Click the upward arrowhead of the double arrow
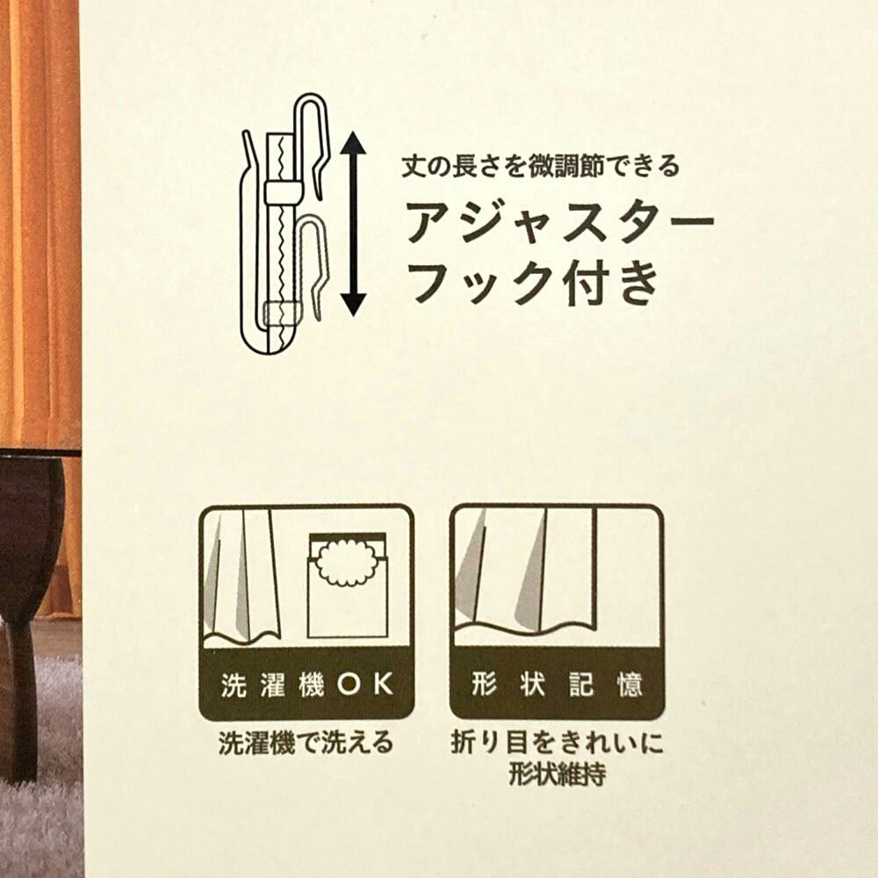pyautogui.click(x=353, y=143)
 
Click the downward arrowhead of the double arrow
pyautogui.click(x=353, y=304)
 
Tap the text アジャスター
pyautogui.click(x=560, y=222)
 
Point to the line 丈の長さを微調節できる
pyautogui.click(x=541, y=166)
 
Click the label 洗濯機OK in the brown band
pyautogui.click(x=306, y=684)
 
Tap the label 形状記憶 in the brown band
pyautogui.click(x=557, y=684)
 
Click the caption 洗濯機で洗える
pyautogui.click(x=306, y=743)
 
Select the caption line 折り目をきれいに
pyautogui.click(x=558, y=743)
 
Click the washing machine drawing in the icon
pyautogui.click(x=348, y=585)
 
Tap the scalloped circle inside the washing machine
pyautogui.click(x=348, y=562)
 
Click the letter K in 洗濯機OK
pyautogui.click(x=384, y=684)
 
